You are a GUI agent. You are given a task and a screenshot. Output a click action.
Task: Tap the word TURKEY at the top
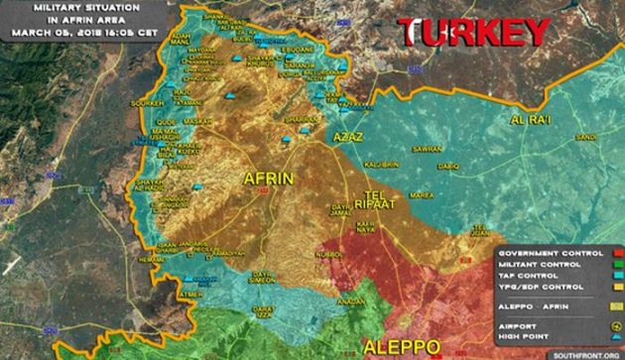[475, 33]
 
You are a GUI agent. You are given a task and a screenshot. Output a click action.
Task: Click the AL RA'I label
[529, 121]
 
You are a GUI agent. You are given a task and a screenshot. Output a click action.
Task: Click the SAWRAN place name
[427, 149]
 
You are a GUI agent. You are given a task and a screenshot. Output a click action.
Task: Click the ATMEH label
[188, 295]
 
